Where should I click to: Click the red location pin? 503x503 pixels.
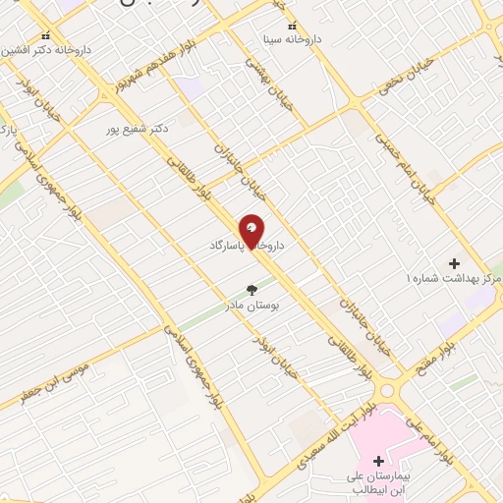click(251, 230)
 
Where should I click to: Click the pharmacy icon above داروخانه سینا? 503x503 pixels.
click(291, 27)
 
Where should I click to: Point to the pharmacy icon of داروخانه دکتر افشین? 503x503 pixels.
click(44, 32)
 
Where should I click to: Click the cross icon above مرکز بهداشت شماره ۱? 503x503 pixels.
click(454, 263)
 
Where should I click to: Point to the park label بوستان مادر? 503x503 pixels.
click(275, 306)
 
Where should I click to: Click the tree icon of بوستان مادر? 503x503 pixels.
click(251, 290)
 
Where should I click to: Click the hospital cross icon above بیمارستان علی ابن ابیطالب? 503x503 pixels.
click(378, 461)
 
